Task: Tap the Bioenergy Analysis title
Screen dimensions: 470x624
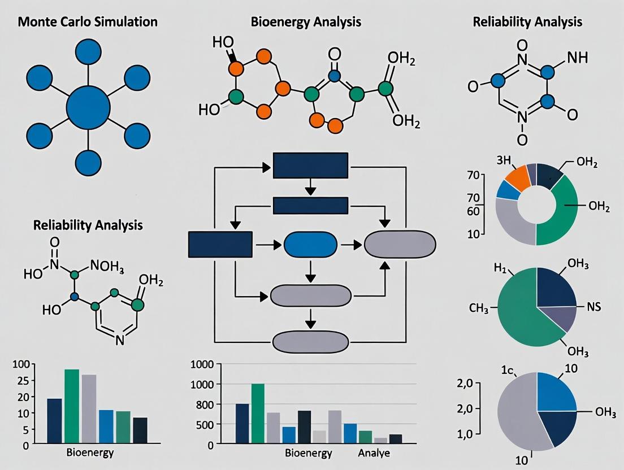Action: [306, 23]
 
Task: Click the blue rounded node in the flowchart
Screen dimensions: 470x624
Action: [310, 245]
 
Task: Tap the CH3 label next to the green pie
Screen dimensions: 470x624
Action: [479, 308]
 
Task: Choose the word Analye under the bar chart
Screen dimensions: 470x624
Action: [374, 454]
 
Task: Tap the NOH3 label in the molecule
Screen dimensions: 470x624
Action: [106, 266]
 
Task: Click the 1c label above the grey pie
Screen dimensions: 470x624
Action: [507, 371]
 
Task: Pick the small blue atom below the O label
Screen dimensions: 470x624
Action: [335, 75]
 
